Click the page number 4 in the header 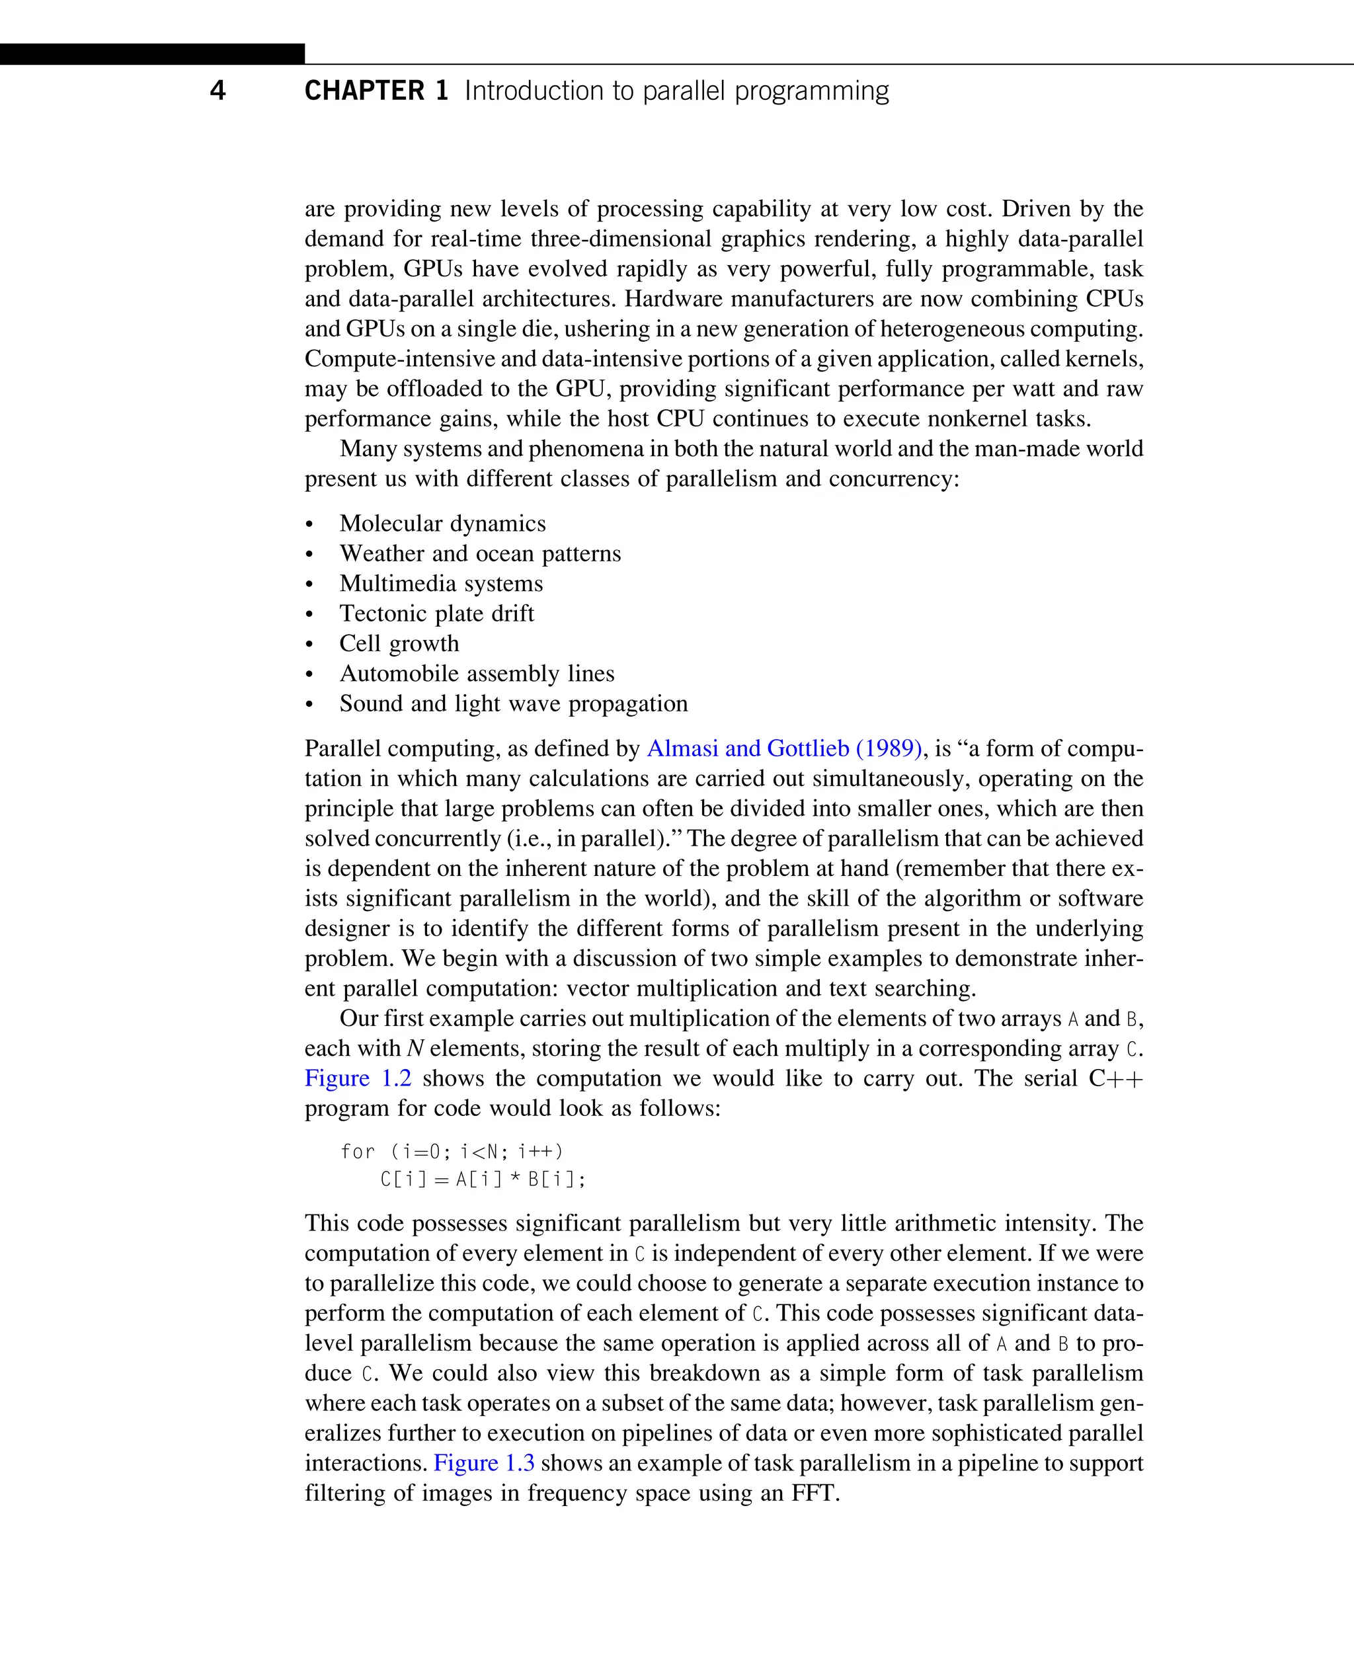pos(218,91)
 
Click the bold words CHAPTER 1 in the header pos(376,91)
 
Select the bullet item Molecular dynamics pos(442,524)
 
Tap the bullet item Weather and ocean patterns pos(480,554)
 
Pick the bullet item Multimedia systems pos(441,584)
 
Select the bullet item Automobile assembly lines pos(477,674)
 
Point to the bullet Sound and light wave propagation pos(513,703)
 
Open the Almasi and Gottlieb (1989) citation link pos(784,749)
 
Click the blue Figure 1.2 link pos(357,1079)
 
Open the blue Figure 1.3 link pos(483,1463)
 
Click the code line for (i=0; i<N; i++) pos(452,1152)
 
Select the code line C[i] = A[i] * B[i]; pos(483,1179)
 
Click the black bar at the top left pos(152,54)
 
